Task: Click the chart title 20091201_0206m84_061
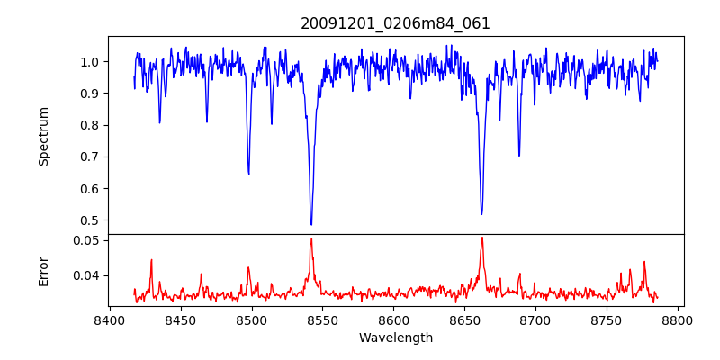click(395, 23)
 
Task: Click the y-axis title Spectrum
click(44, 136)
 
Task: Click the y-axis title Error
click(44, 270)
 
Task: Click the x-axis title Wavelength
click(395, 338)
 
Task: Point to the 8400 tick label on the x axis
click(110, 320)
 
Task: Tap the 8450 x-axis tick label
click(181, 320)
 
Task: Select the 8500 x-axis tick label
click(252, 320)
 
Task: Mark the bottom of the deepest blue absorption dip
click(311, 224)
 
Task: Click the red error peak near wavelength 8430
click(151, 260)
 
